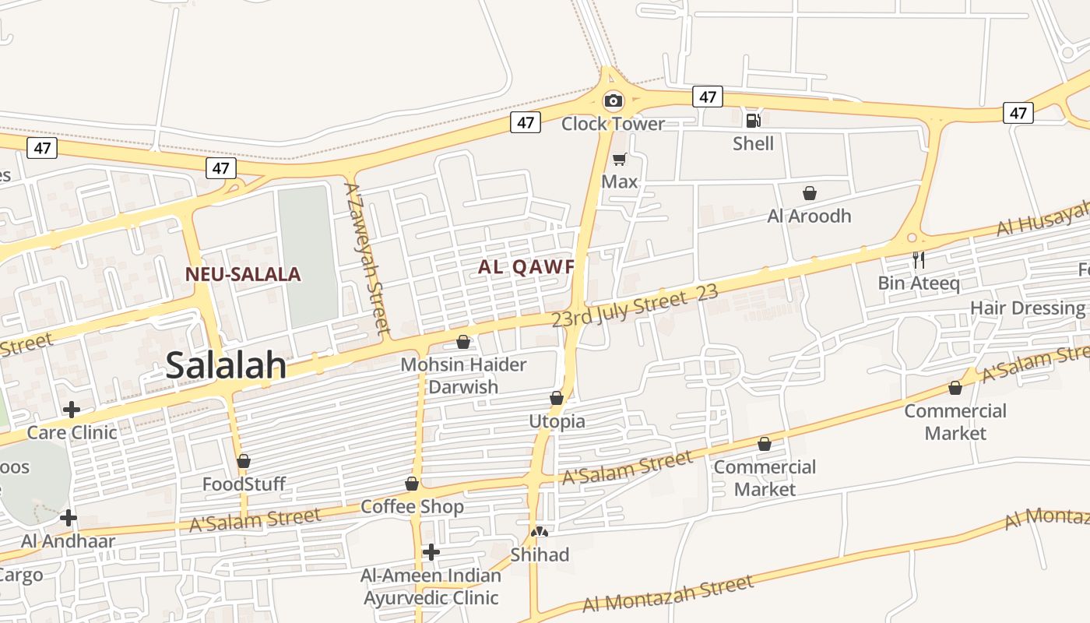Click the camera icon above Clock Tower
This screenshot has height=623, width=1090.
tap(614, 100)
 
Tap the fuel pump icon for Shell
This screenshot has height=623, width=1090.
tap(753, 120)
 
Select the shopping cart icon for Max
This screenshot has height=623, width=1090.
tap(619, 159)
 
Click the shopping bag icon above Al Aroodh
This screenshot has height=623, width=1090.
tap(810, 193)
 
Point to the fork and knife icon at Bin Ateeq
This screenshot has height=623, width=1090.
tap(919, 259)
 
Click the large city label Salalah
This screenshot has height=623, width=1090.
tap(226, 365)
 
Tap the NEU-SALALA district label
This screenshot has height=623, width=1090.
tap(243, 274)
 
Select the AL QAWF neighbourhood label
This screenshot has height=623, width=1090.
tap(526, 267)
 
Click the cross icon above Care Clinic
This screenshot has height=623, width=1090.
tap(72, 409)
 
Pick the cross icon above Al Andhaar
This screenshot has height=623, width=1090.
tap(69, 517)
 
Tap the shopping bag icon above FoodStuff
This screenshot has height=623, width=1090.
tap(244, 461)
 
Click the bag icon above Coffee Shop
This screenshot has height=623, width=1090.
tap(412, 484)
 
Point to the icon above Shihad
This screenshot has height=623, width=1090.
tap(540, 532)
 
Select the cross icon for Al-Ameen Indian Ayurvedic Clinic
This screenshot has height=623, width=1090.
tap(431, 552)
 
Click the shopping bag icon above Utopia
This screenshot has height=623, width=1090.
tap(557, 399)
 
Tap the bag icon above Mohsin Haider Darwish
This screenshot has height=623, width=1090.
tap(463, 342)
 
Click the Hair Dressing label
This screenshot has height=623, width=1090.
tap(1027, 308)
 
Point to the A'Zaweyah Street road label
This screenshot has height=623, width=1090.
tap(367, 257)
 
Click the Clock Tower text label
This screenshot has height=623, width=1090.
tap(614, 123)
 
